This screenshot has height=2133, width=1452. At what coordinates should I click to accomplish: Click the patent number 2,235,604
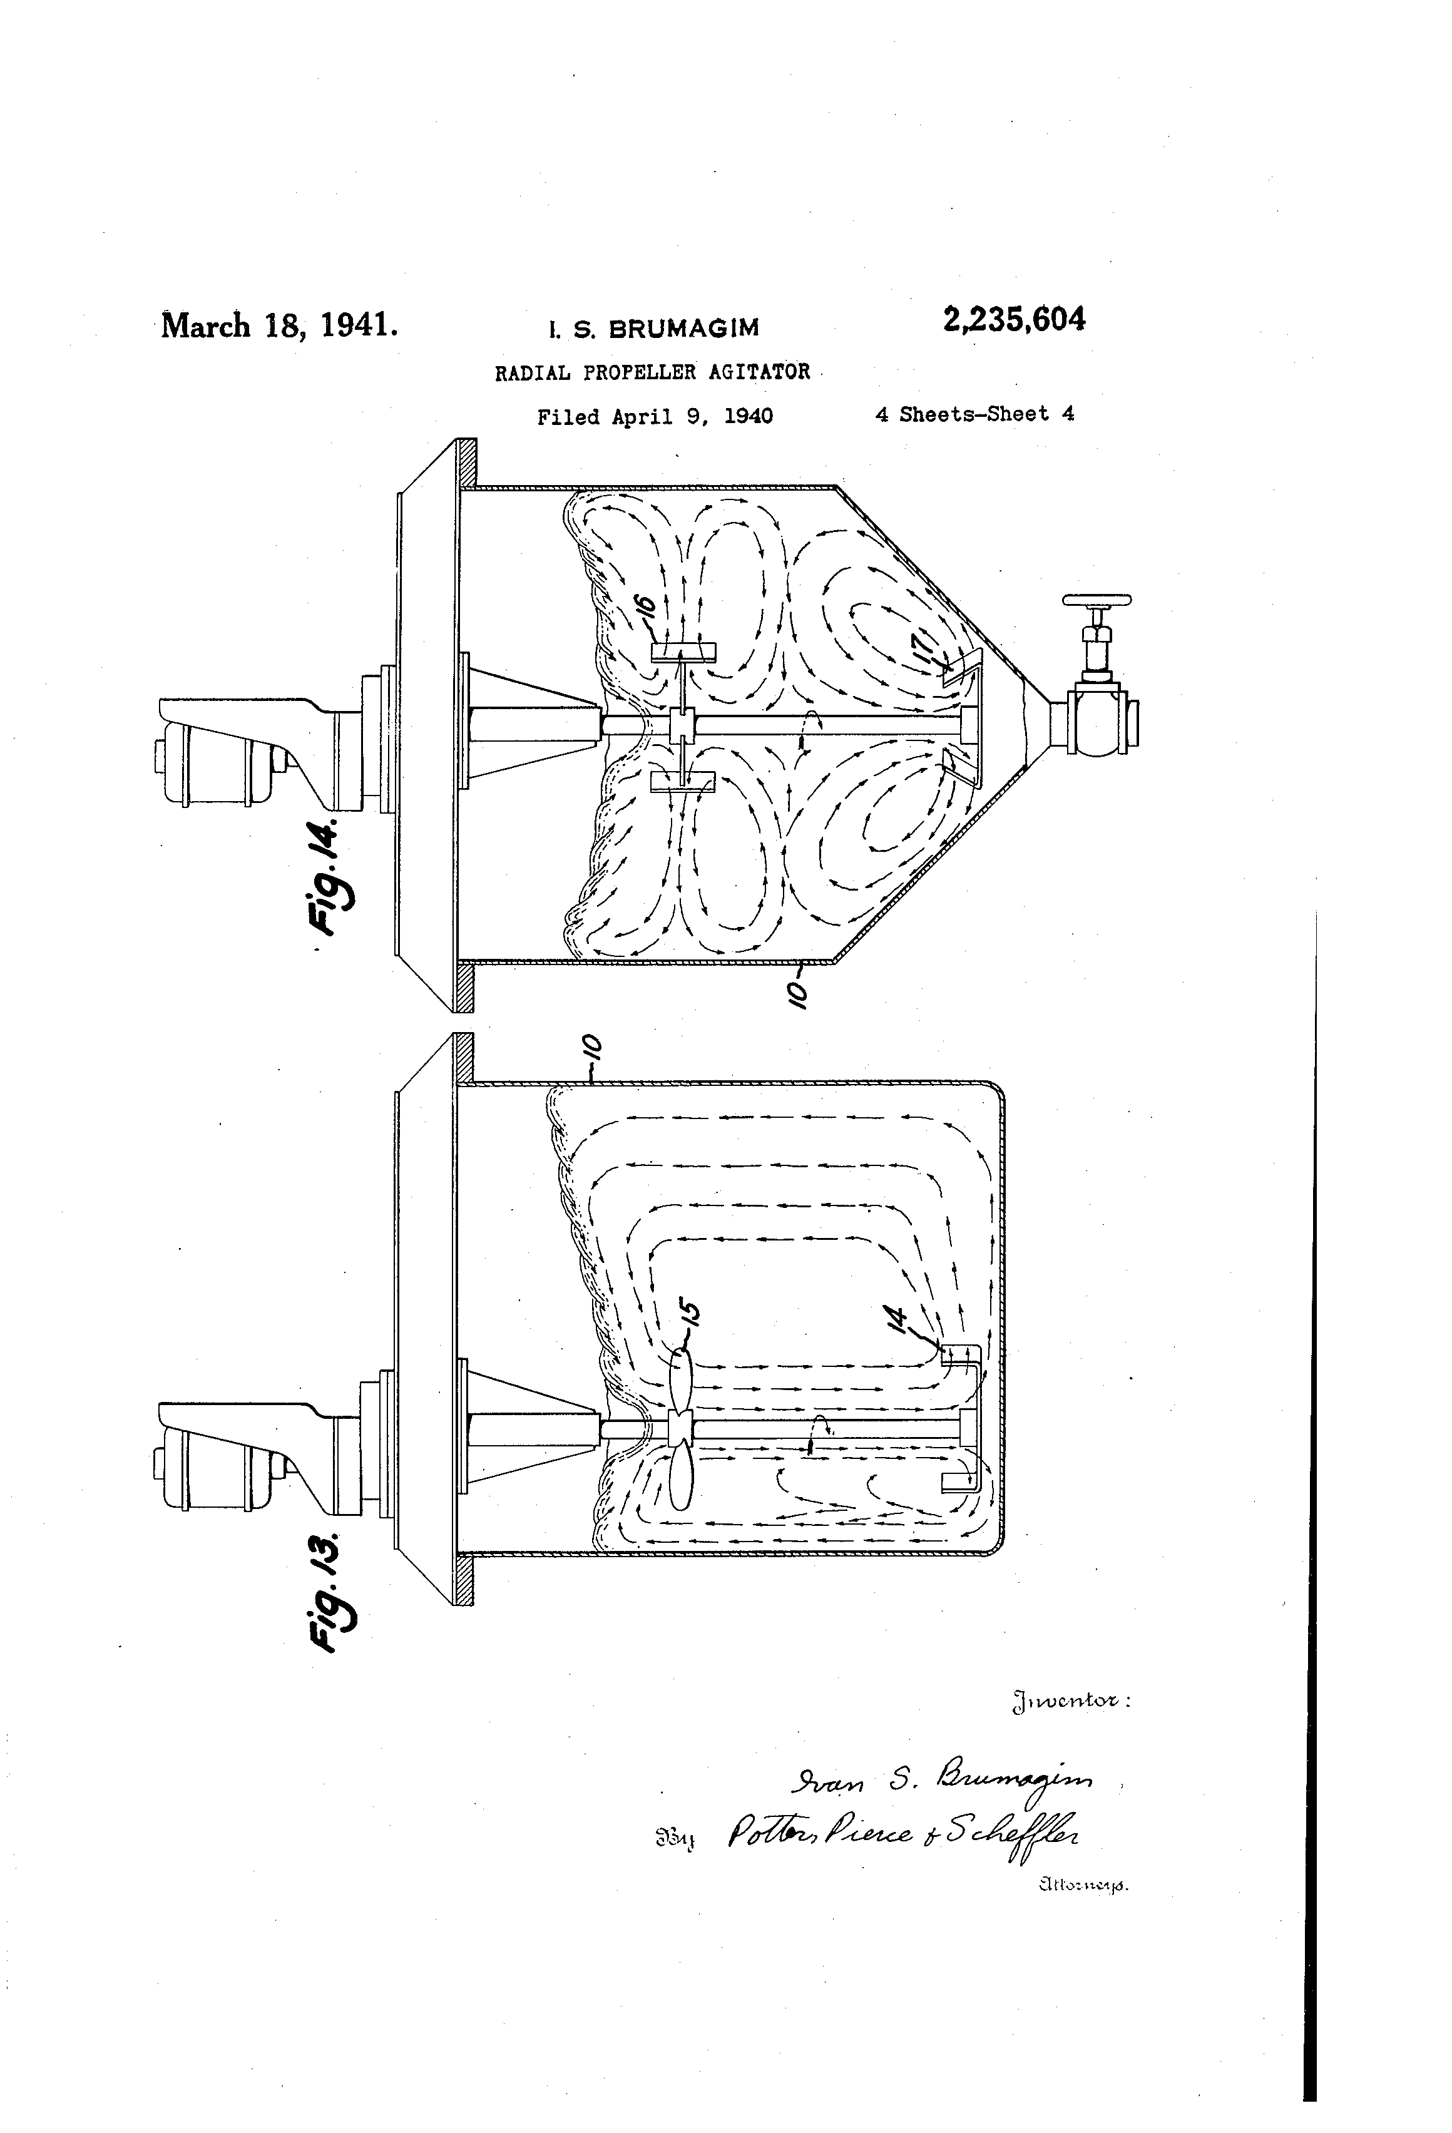point(1013,320)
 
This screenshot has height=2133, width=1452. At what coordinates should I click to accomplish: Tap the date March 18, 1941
point(279,326)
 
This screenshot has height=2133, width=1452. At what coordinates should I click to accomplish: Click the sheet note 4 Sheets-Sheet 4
point(974,414)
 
